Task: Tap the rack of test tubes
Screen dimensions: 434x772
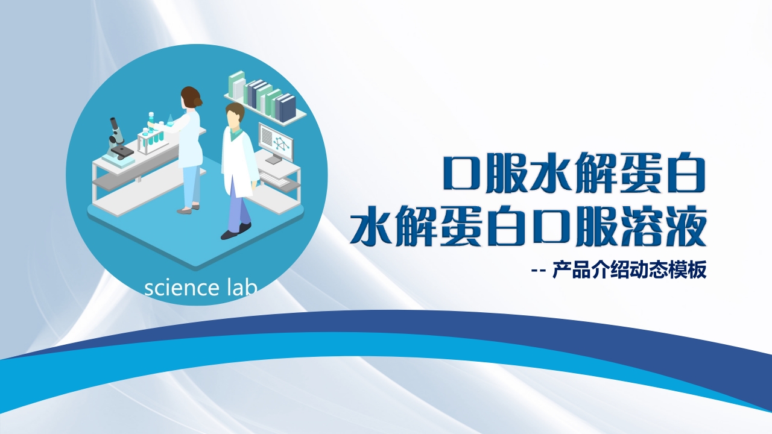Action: coord(152,137)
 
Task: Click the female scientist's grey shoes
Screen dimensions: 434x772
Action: coord(187,210)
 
